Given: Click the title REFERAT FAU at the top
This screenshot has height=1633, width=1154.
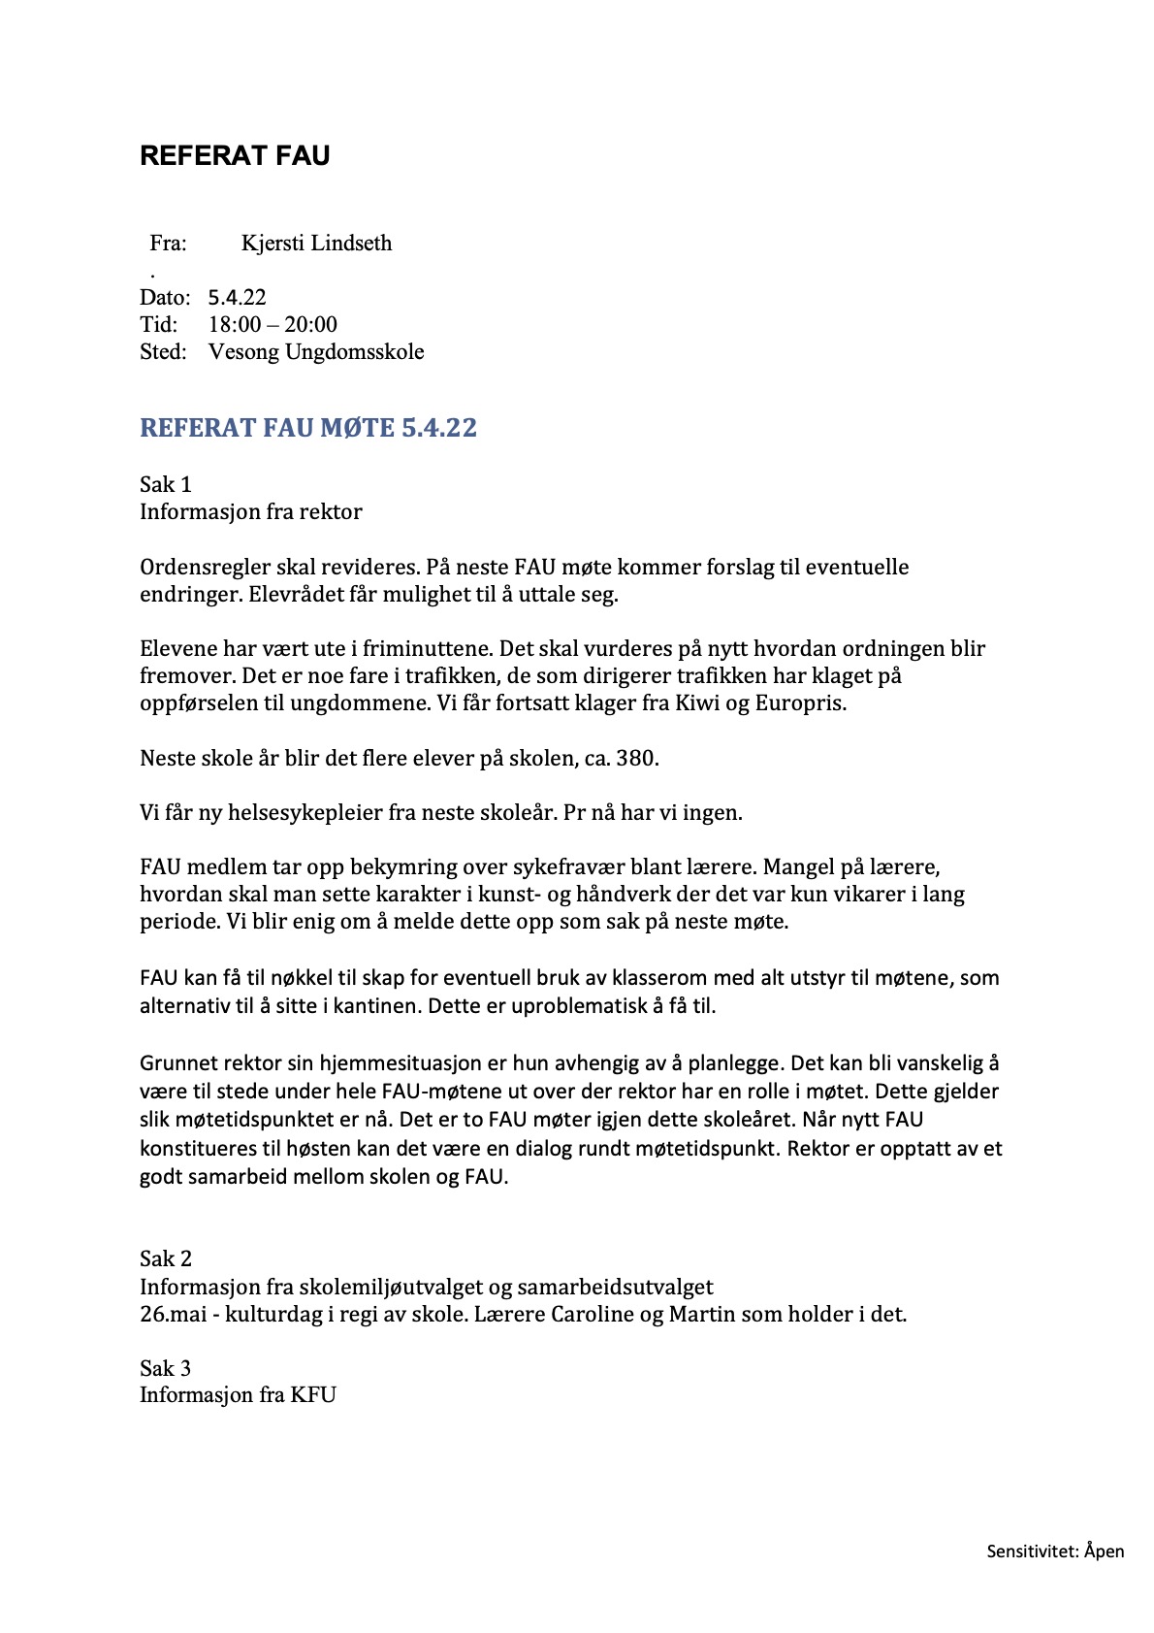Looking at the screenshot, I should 235,156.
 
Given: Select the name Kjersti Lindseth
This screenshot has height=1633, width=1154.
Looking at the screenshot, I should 316,244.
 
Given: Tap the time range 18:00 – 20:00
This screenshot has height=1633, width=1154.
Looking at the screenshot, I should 272,325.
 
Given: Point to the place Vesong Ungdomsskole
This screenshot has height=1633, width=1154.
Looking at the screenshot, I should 316,352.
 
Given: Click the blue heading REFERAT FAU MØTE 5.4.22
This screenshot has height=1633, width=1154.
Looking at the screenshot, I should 308,428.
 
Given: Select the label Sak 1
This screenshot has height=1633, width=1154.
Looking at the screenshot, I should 166,484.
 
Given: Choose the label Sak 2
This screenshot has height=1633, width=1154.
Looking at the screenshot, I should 166,1259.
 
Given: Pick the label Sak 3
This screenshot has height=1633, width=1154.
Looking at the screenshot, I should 166,1369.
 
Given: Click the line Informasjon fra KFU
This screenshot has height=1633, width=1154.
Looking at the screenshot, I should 238,1396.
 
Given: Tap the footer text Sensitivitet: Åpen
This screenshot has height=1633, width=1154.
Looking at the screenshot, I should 1055,1551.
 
